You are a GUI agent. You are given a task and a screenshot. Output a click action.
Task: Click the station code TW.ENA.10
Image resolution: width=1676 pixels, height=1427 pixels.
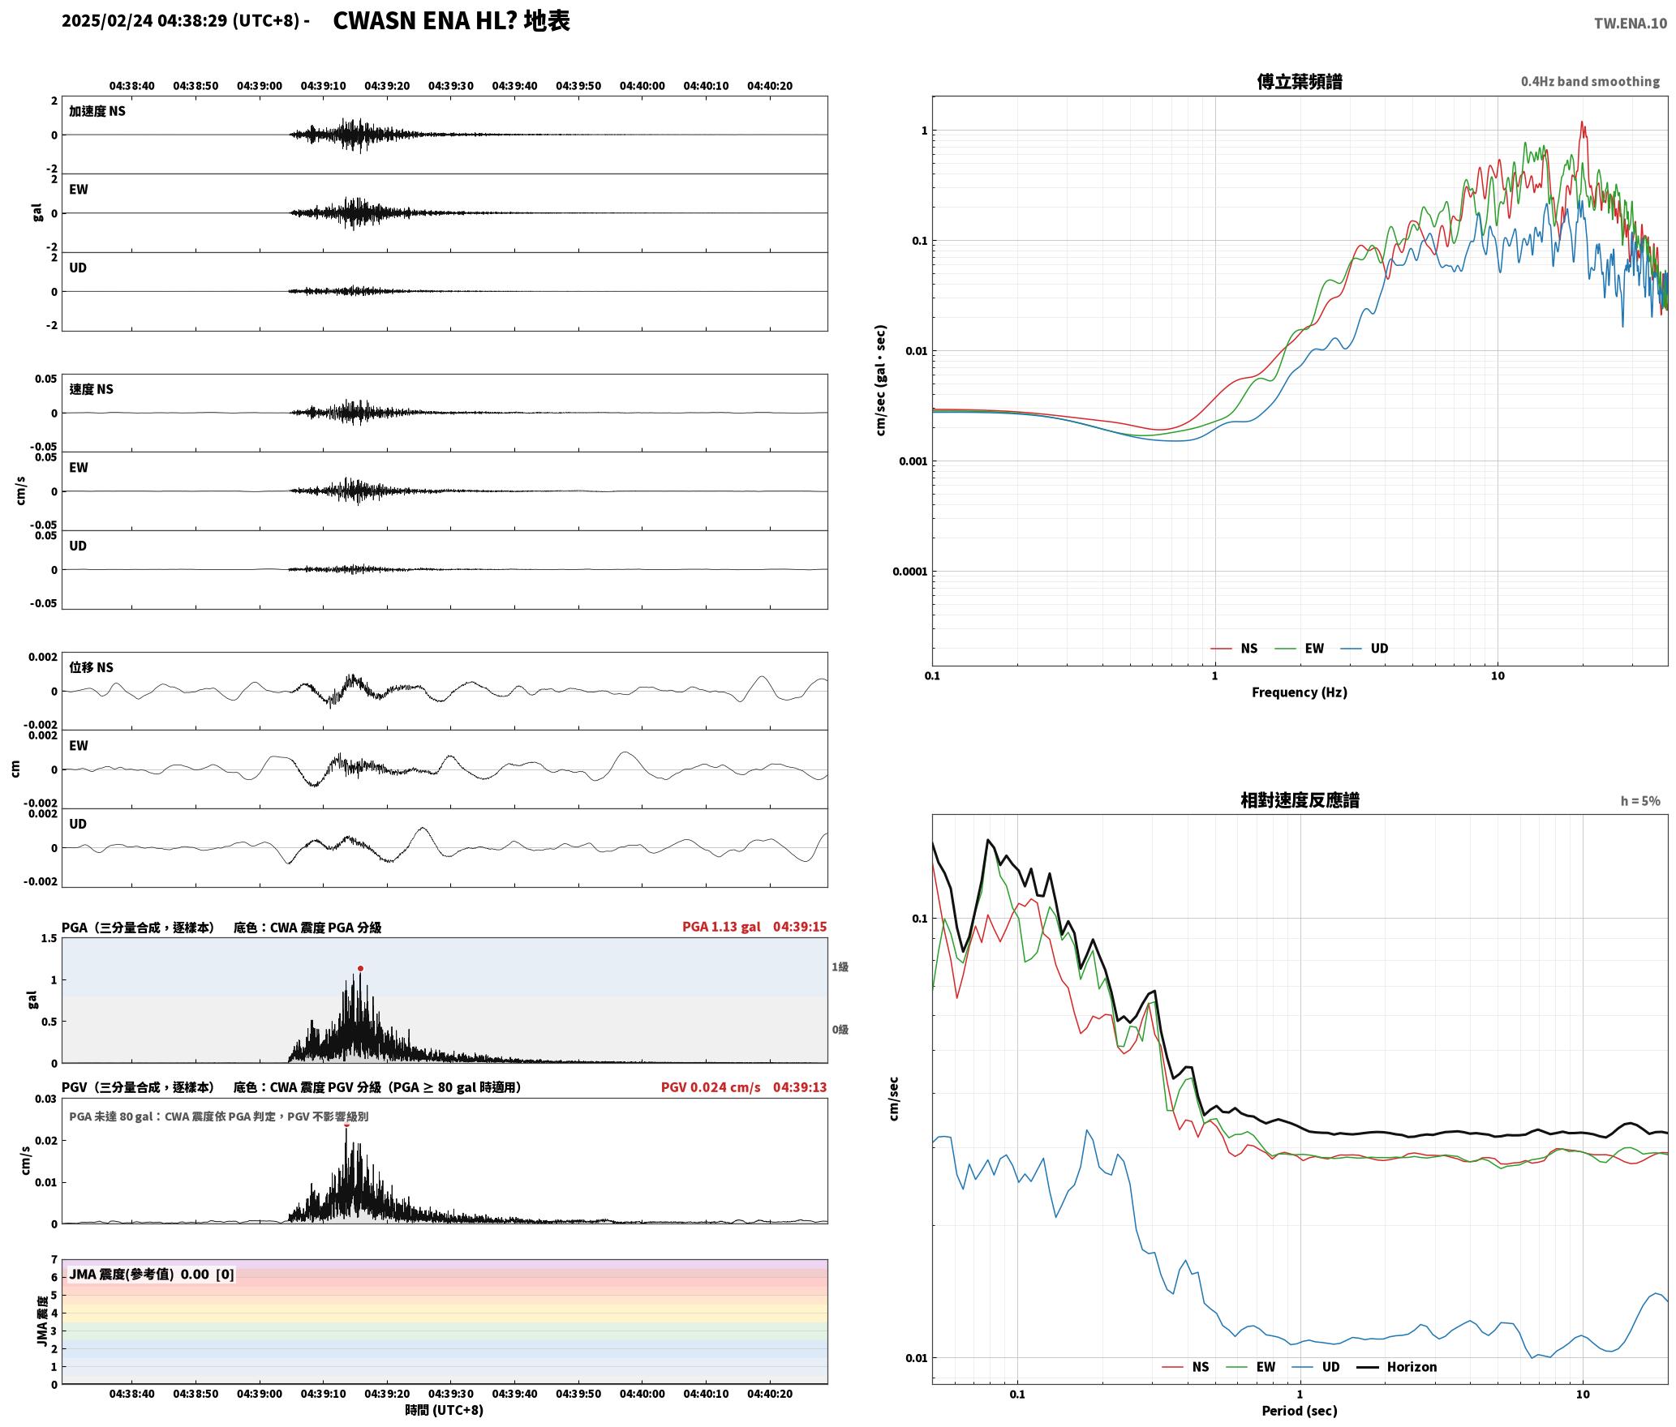click(1630, 24)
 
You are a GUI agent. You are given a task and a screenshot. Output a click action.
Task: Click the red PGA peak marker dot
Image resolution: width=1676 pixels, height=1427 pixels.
click(360, 968)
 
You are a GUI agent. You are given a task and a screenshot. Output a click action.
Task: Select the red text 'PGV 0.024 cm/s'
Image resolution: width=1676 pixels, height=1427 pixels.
click(711, 1087)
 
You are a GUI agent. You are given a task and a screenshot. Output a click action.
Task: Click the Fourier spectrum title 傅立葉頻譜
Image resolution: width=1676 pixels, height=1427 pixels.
click(1299, 82)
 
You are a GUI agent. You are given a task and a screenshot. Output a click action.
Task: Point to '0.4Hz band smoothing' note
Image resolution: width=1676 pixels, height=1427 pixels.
click(1590, 82)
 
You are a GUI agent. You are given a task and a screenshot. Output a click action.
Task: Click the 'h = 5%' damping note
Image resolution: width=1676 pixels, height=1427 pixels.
click(1640, 801)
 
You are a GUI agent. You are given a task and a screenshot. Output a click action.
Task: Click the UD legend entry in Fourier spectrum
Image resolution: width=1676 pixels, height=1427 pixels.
click(1364, 649)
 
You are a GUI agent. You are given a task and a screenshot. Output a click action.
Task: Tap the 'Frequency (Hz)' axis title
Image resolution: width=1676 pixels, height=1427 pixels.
click(1299, 692)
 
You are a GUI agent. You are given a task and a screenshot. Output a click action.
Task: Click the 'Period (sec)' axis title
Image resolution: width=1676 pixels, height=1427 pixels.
click(1299, 1411)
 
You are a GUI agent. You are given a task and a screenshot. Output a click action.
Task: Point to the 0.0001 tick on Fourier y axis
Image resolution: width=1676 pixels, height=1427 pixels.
click(909, 572)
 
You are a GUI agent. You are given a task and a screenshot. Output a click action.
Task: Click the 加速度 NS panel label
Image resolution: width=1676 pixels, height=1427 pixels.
click(97, 111)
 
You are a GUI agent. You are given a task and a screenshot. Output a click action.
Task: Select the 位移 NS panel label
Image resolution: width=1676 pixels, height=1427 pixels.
click(91, 667)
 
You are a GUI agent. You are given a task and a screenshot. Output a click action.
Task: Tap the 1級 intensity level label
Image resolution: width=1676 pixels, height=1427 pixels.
click(840, 967)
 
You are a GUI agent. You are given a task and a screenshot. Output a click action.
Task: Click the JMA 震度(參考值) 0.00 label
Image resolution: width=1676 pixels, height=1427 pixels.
click(152, 1274)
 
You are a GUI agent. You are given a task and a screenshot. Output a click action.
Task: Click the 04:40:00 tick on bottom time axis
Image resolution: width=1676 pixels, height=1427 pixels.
click(642, 1394)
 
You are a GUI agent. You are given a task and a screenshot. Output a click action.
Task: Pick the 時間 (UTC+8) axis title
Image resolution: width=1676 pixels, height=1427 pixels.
click(444, 1410)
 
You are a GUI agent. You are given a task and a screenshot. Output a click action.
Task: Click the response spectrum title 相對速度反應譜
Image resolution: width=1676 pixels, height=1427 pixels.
click(1299, 801)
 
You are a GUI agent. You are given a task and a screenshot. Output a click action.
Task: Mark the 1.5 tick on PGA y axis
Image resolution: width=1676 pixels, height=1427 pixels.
click(49, 938)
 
